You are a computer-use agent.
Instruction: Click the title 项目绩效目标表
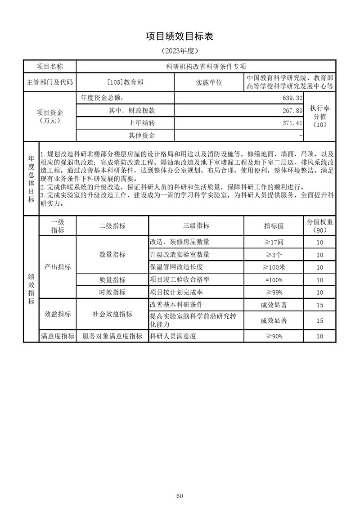[x=180, y=36]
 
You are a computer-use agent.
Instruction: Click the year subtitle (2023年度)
[x=180, y=51]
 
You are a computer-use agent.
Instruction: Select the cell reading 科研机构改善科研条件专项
[x=206, y=66]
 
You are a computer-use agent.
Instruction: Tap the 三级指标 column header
[x=196, y=225]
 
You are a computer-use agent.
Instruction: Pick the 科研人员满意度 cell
[x=173, y=336]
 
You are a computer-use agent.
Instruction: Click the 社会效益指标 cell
[x=112, y=314]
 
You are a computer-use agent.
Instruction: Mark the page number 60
[x=180, y=483]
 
